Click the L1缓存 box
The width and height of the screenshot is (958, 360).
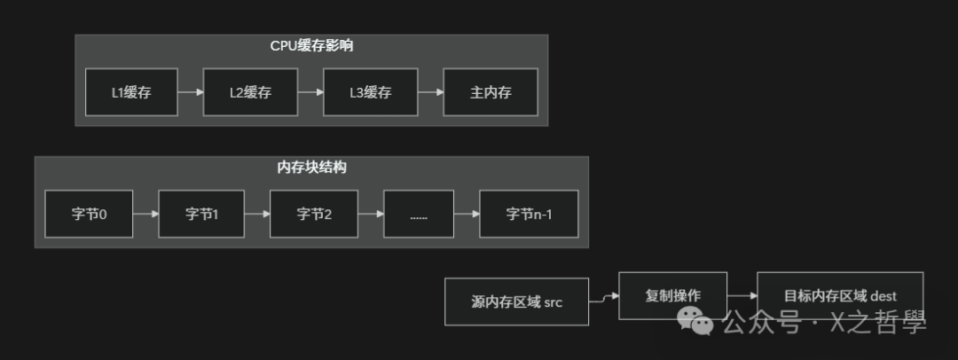tap(131, 91)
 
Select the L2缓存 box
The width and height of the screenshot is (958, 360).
tap(250, 91)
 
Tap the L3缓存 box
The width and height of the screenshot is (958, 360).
tap(370, 91)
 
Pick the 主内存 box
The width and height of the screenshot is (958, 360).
tap(491, 91)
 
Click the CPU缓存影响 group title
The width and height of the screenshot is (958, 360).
tap(311, 45)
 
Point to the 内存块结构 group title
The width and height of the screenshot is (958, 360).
tap(311, 167)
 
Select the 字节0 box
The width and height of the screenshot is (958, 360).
tap(89, 214)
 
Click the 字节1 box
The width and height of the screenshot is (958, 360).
tap(201, 214)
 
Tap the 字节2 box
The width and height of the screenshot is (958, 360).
tap(314, 214)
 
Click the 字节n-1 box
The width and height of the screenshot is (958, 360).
tap(529, 214)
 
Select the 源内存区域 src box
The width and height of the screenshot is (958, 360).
tap(516, 301)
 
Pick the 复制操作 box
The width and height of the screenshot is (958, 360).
tap(672, 295)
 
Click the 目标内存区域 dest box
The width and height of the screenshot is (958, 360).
tap(839, 295)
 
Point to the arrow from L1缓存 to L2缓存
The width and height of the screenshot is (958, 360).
tap(190, 91)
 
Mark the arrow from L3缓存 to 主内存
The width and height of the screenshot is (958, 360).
tap(429, 91)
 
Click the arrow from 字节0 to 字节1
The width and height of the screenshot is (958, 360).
tap(145, 214)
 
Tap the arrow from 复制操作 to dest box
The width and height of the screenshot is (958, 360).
tap(742, 295)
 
